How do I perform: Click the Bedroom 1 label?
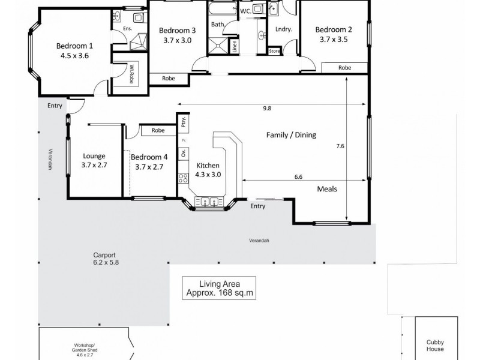(74, 46)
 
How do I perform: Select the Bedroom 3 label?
(176, 31)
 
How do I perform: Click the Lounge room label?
(94, 157)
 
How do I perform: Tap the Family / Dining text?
(291, 136)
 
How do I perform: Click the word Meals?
(327, 189)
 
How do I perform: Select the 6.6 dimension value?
(298, 176)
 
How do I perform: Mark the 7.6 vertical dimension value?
(340, 145)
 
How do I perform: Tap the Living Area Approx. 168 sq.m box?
(219, 289)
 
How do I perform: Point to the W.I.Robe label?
(131, 75)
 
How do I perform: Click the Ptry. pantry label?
(183, 124)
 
